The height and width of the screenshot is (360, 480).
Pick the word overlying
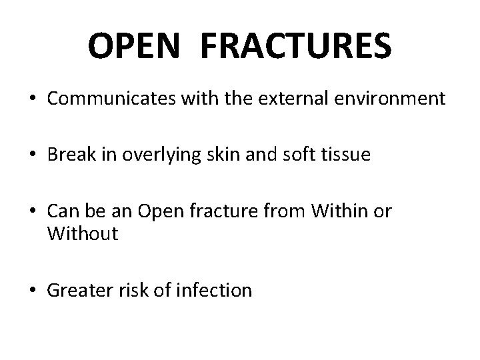[x=155, y=157]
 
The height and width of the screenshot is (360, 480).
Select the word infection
[x=213, y=290]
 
